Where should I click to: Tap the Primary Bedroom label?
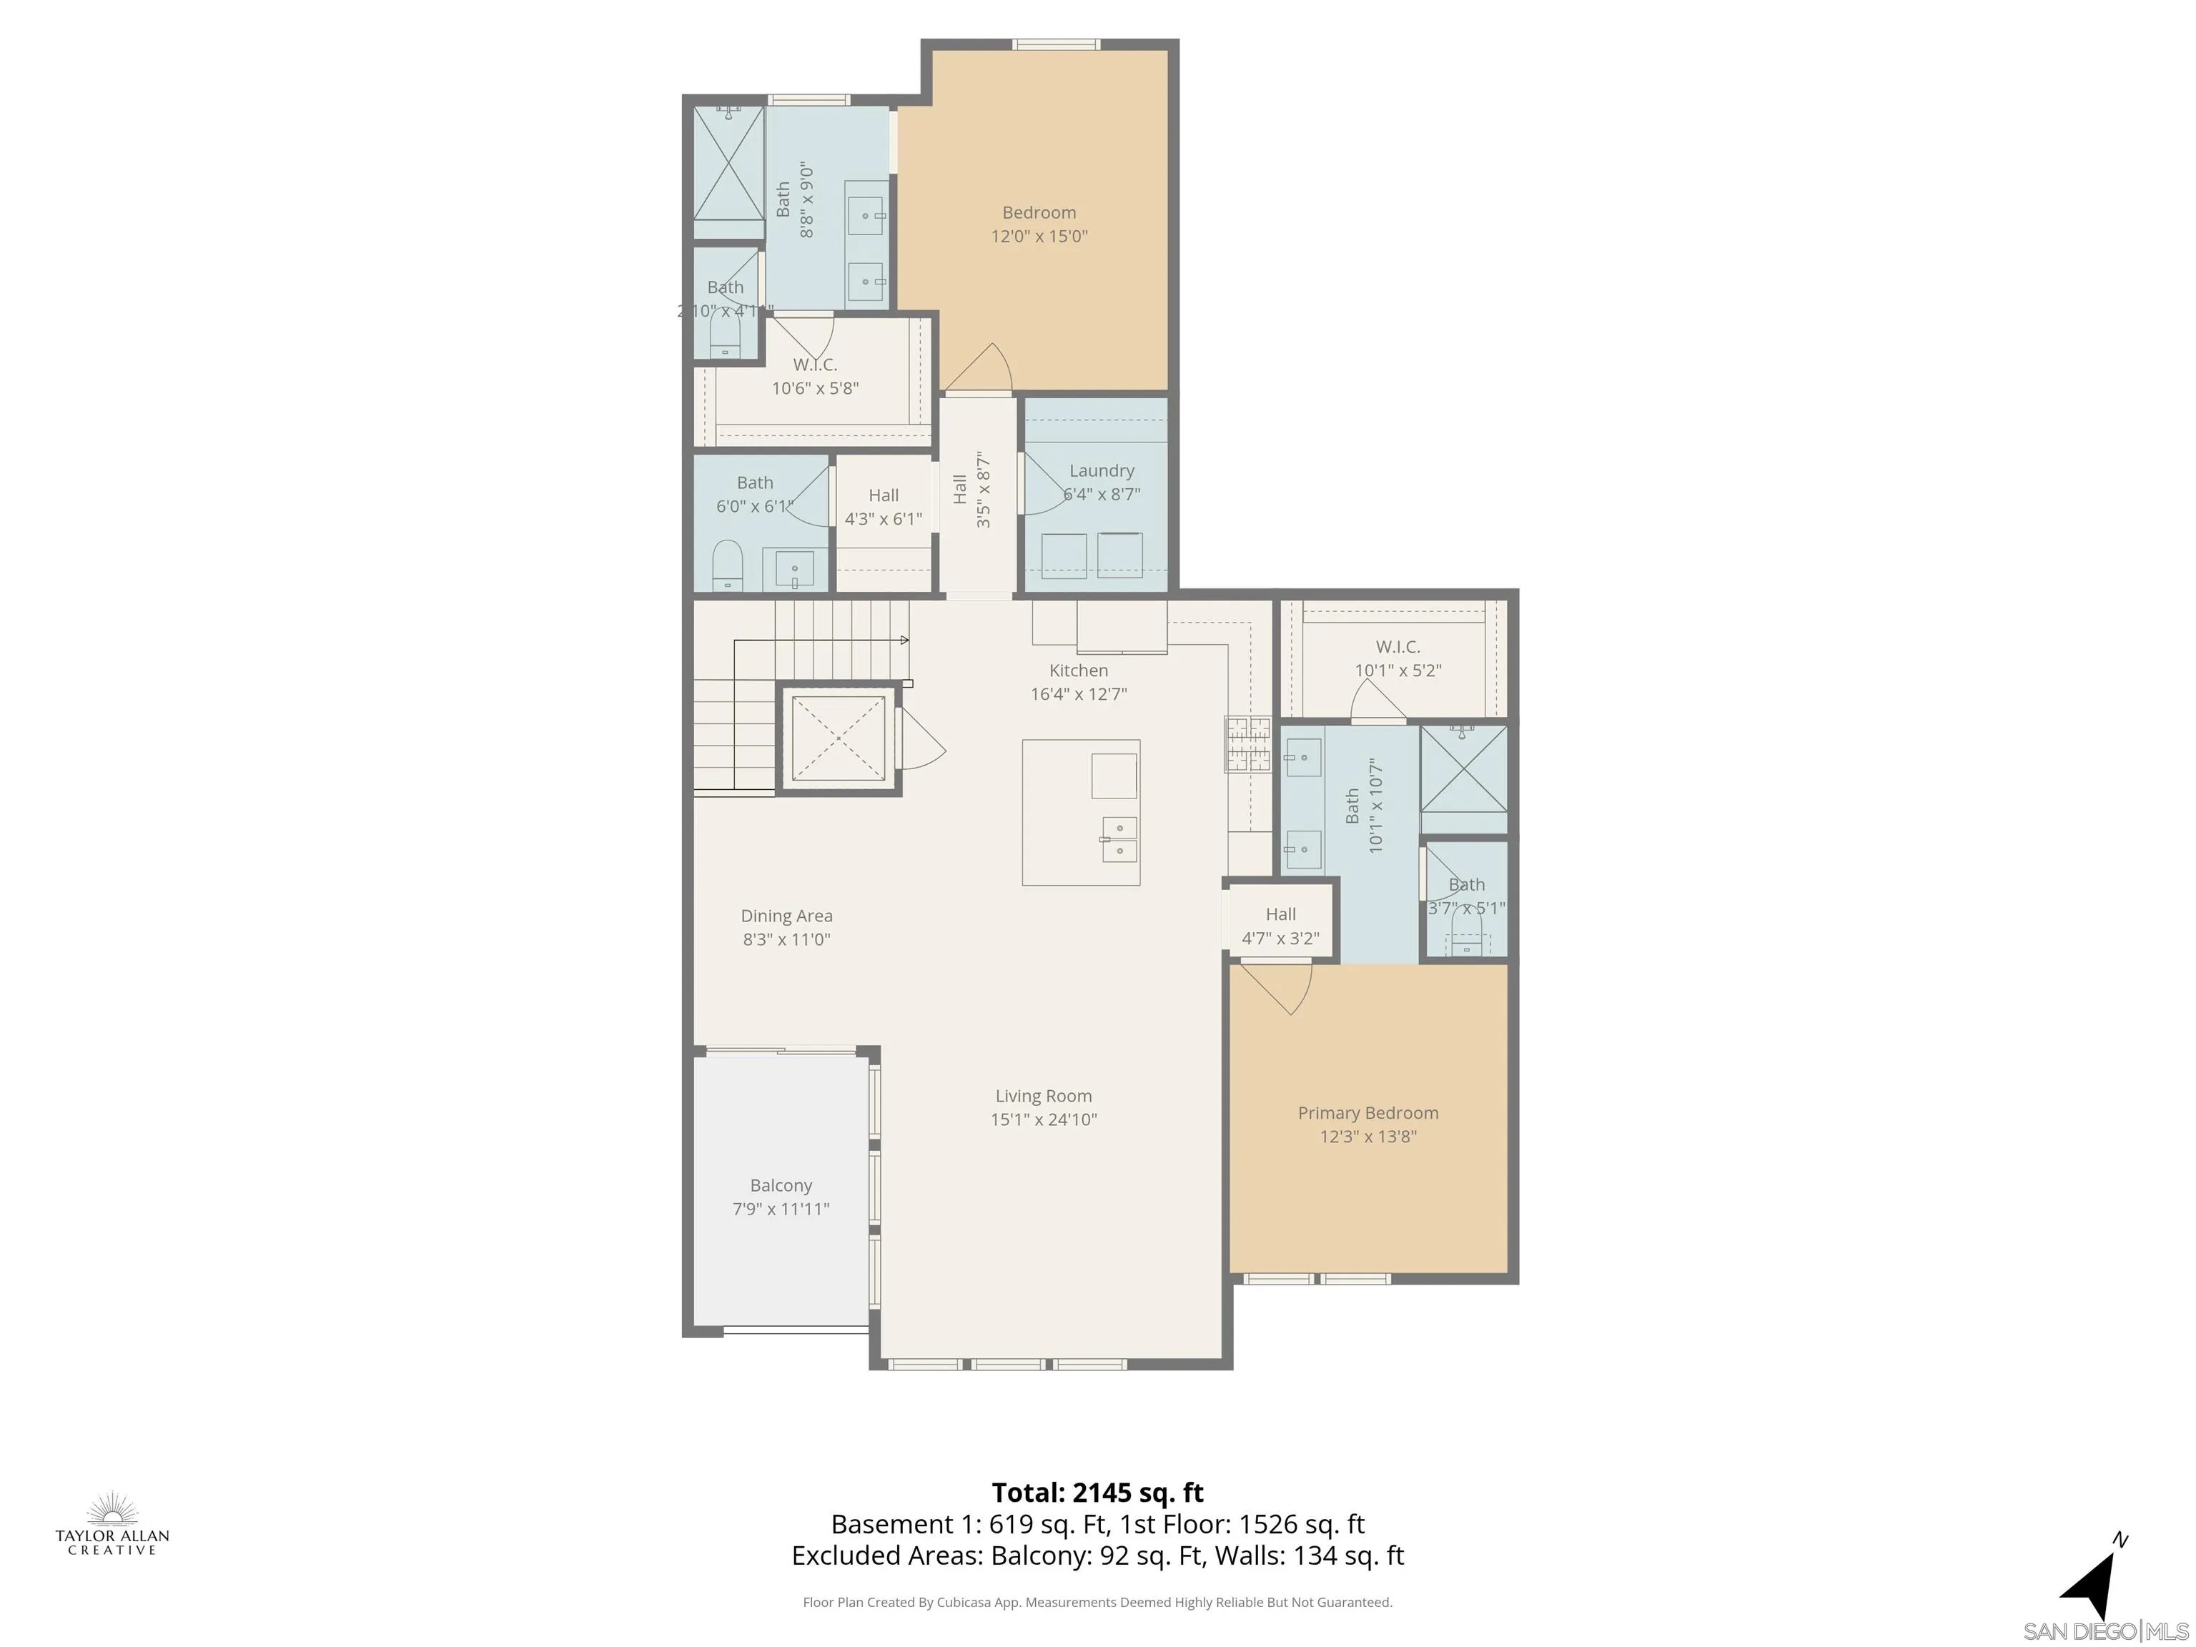tap(1367, 1124)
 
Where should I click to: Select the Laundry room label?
tap(1101, 482)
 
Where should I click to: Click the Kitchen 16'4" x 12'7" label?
tap(1078, 682)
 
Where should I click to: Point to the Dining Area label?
tap(786, 927)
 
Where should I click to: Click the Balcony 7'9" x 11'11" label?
tap(781, 1196)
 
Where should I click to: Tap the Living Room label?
tap(1044, 1107)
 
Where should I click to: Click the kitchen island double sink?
tap(1119, 839)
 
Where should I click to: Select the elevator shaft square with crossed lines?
tap(838, 738)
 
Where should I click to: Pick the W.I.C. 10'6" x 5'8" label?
tap(815, 376)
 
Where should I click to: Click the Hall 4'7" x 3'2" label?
tap(1280, 925)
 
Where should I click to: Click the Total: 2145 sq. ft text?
tap(1097, 1492)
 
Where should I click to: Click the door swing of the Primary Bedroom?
tap(1281, 988)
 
